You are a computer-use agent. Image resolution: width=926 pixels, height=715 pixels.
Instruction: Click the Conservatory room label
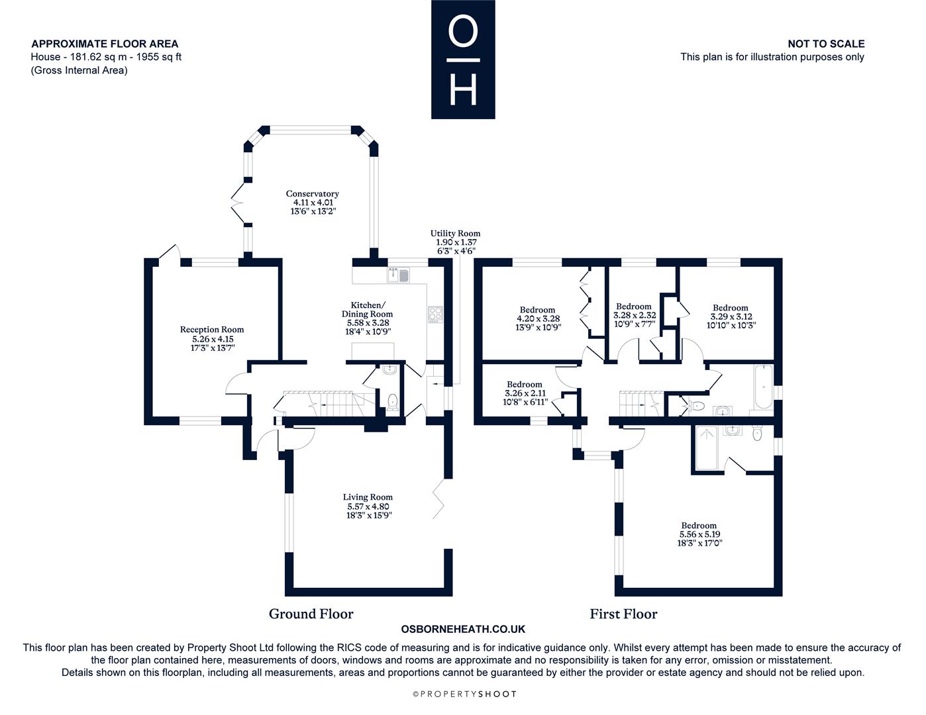pos(313,194)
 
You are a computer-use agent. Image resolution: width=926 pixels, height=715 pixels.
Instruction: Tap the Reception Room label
pos(212,330)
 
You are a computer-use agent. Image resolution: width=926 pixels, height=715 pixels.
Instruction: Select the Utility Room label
pos(455,233)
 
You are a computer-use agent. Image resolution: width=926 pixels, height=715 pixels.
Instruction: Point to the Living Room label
pos(368,497)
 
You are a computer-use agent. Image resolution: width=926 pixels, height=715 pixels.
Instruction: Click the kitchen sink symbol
pos(399,275)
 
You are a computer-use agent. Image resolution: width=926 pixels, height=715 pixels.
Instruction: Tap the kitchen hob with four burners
pos(435,314)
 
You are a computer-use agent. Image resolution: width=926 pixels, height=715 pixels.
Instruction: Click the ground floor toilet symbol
pos(393,401)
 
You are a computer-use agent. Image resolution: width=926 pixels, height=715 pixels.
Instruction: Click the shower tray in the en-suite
pos(707,448)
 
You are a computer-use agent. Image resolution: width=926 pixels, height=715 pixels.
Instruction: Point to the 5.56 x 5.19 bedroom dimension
pos(699,534)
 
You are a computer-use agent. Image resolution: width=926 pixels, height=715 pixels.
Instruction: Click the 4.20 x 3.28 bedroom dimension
pos(539,318)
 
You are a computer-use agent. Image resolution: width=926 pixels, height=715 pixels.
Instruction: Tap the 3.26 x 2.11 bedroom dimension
pos(525,393)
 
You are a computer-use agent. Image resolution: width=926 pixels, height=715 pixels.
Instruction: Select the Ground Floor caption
pos(311,614)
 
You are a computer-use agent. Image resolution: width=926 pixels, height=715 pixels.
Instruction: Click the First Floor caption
pos(623,614)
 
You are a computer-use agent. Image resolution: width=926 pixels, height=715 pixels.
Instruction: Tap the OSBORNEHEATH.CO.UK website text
pos(463,629)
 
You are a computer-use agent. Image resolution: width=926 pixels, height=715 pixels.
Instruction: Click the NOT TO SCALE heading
pos(826,44)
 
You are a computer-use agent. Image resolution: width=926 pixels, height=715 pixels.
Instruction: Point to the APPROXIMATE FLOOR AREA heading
pos(105,44)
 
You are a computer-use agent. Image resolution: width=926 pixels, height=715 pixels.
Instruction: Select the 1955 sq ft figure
pos(159,57)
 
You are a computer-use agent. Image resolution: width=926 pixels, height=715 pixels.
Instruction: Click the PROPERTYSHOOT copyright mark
pos(464,694)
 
